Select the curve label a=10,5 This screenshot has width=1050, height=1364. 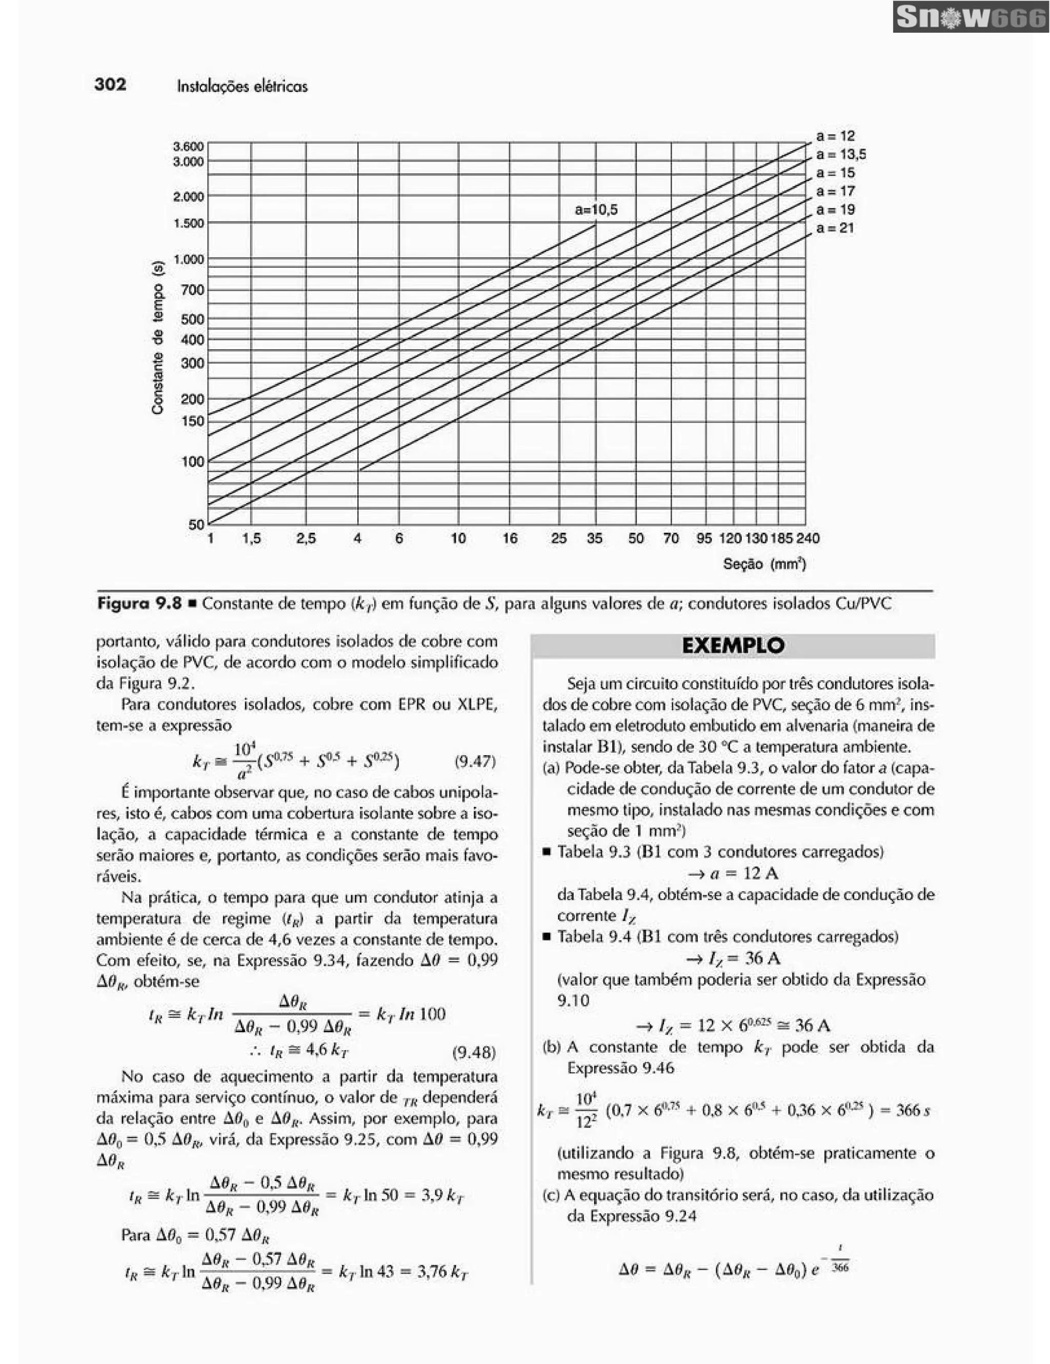coord(596,210)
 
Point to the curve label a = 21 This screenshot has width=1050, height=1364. coord(835,228)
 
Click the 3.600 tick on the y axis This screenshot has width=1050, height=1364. coord(188,147)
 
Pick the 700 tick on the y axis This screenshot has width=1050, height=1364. coord(192,290)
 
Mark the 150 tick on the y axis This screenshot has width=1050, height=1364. coord(192,421)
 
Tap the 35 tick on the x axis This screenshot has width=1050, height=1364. coord(594,538)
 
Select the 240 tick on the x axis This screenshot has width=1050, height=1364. coord(808,538)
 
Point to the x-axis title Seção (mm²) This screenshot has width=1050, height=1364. coord(764,565)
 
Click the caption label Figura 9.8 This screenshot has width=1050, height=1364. coord(138,604)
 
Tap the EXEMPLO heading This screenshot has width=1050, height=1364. coord(733,646)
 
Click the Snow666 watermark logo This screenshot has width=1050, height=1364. coord(970,17)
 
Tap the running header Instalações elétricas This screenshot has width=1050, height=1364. coord(242,86)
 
